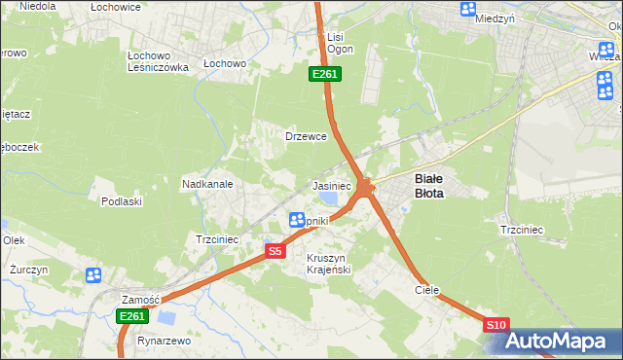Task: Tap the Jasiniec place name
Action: click(x=331, y=185)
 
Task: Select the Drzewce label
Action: click(x=305, y=137)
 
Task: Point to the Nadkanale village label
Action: click(x=205, y=183)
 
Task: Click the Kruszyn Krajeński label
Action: click(x=328, y=263)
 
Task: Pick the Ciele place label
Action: click(x=427, y=290)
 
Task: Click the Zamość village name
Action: click(x=140, y=299)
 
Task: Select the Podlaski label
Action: click(x=122, y=201)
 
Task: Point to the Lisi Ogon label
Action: click(x=333, y=43)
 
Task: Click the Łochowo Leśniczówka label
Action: click(x=158, y=61)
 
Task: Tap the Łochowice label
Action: click(x=116, y=7)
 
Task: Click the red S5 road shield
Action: click(x=275, y=251)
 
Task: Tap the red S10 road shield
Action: click(x=495, y=324)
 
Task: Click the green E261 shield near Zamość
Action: click(x=132, y=316)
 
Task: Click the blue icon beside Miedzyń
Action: click(x=468, y=10)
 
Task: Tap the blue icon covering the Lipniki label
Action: click(x=298, y=221)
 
